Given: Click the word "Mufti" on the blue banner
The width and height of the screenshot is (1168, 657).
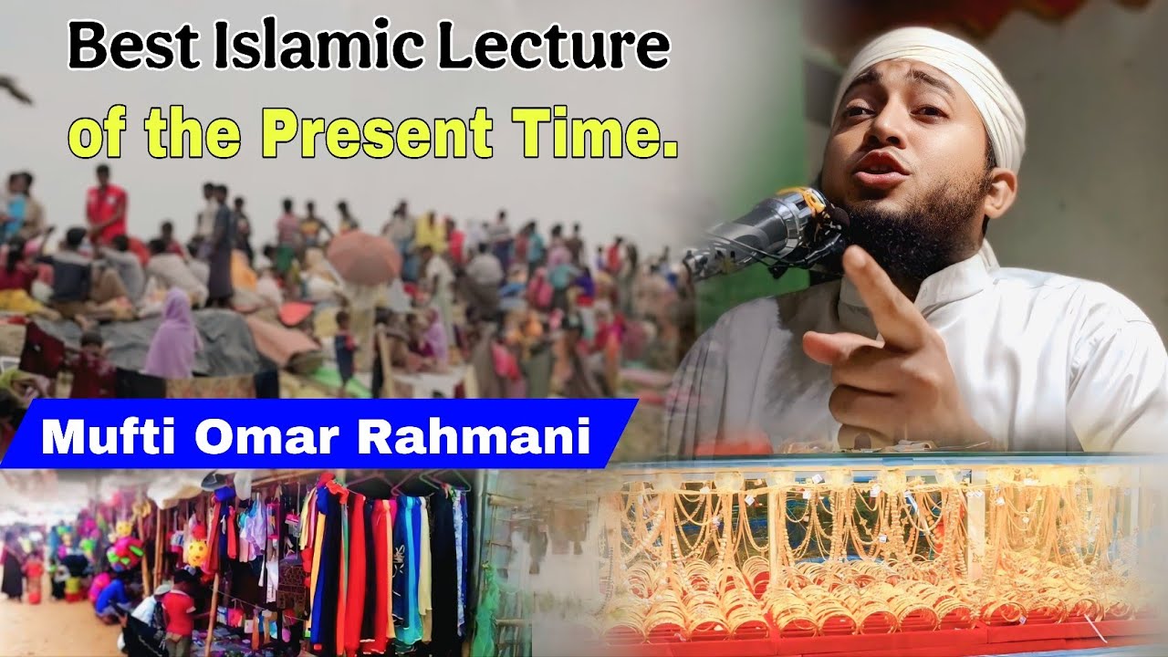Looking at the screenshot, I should [108, 438].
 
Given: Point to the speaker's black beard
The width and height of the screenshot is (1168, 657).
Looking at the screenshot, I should [912, 228].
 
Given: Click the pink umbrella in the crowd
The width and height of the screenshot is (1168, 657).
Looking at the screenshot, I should [363, 255].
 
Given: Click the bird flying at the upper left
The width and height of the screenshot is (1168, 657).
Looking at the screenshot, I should [16, 89].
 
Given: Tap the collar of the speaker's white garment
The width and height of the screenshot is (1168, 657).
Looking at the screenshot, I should [967, 283].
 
